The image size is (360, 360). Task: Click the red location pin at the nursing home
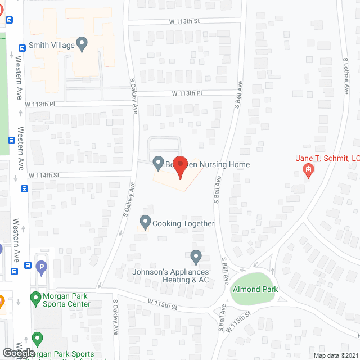click(179, 166)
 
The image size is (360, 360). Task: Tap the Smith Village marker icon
click(82, 43)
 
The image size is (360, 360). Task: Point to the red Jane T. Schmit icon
click(308, 170)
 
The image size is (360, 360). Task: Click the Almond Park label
click(254, 289)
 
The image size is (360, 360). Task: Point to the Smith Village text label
click(52, 46)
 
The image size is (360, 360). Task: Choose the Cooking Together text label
click(183, 223)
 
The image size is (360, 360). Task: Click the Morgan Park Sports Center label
click(67, 300)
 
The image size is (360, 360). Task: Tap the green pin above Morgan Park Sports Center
click(35, 296)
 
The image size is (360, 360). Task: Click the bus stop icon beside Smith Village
click(21, 48)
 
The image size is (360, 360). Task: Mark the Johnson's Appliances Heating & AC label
click(170, 276)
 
